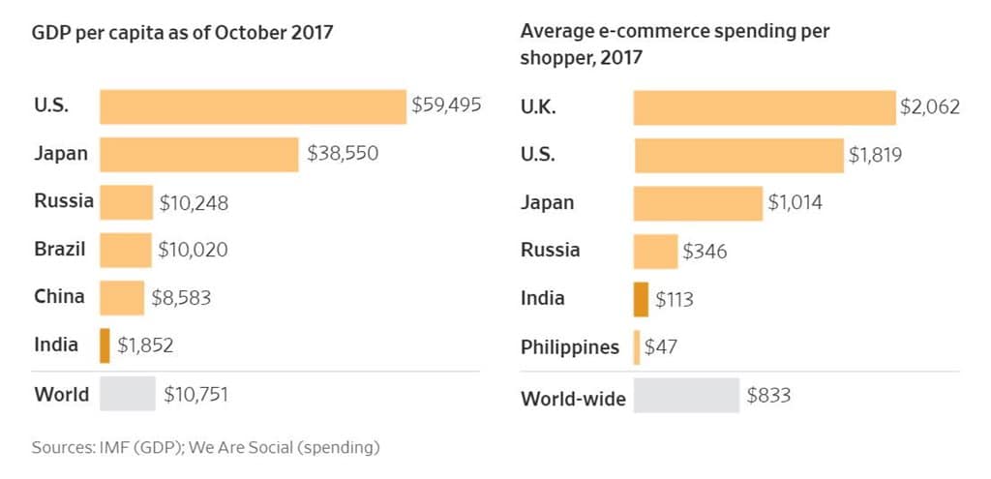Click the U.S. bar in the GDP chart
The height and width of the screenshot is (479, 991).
pyautogui.click(x=253, y=106)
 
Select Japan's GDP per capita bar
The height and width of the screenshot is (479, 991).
pyautogui.click(x=198, y=154)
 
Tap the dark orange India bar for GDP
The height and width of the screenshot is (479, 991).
pyautogui.click(x=105, y=344)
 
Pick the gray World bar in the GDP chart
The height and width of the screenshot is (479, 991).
pyautogui.click(x=127, y=394)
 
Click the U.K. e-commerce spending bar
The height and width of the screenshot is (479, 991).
pyautogui.click(x=765, y=107)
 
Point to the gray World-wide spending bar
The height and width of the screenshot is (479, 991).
pyautogui.click(x=686, y=396)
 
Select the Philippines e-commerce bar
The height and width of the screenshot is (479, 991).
pyautogui.click(x=637, y=347)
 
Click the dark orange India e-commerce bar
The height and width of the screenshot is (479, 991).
pyautogui.click(x=641, y=299)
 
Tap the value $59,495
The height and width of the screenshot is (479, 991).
pyautogui.click(x=446, y=105)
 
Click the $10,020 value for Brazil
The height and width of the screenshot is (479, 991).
pyautogui.click(x=194, y=250)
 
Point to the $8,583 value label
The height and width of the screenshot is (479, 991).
pyautogui.click(x=181, y=298)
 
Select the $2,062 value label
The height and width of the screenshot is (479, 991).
pyautogui.click(x=930, y=107)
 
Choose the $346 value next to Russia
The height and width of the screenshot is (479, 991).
pyautogui.click(x=705, y=252)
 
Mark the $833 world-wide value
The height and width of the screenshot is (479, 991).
pyautogui.click(x=769, y=396)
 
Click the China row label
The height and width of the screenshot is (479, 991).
pyautogui.click(x=59, y=296)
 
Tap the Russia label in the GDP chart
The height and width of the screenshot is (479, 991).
pyautogui.click(x=64, y=201)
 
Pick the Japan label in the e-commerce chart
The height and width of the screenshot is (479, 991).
pyautogui.click(x=547, y=202)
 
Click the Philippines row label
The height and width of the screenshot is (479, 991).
pyautogui.click(x=570, y=346)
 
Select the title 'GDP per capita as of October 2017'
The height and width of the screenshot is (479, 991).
pyautogui.click(x=183, y=33)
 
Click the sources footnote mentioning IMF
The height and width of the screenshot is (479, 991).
pyautogui.click(x=205, y=448)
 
